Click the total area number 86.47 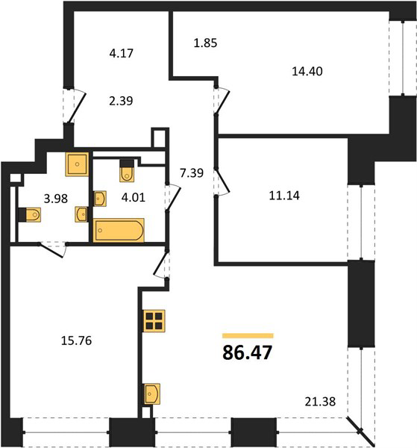click(247, 352)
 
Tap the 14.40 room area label click(307, 71)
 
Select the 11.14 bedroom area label click(284, 196)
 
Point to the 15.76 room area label click(77, 340)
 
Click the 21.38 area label click(320, 402)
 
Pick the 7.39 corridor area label click(192, 173)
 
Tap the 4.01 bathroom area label click(134, 197)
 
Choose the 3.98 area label click(56, 199)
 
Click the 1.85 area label click(205, 43)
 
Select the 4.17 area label click(122, 54)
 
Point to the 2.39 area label click(121, 101)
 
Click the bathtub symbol click(119, 230)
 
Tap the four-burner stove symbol click(154, 321)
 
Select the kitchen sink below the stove click(151, 394)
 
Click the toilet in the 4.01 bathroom click(127, 171)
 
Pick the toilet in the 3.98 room click(30, 214)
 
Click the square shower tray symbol click(77, 164)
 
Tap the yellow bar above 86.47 click(248, 336)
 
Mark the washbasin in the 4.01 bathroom click(100, 199)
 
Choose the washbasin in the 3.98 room click(81, 214)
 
